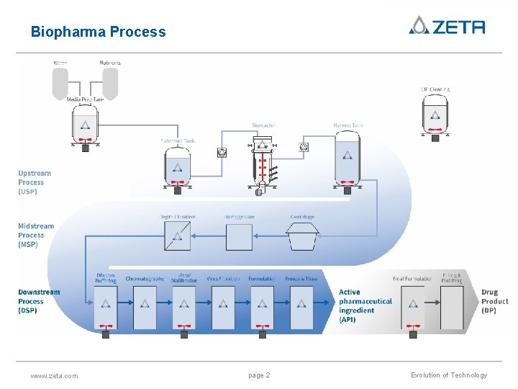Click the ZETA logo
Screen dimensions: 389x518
click(446, 26)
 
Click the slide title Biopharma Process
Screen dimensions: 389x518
click(98, 32)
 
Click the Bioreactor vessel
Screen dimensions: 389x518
click(263, 162)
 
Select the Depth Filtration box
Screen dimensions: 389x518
click(177, 236)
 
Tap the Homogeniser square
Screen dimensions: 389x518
click(239, 236)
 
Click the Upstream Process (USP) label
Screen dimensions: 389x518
click(35, 182)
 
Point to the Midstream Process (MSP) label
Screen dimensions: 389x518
click(36, 236)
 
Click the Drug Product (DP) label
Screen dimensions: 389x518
click(494, 301)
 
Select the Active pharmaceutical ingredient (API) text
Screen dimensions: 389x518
click(365, 306)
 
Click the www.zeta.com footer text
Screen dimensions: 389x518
click(55, 375)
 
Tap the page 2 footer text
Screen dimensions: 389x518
click(259, 375)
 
